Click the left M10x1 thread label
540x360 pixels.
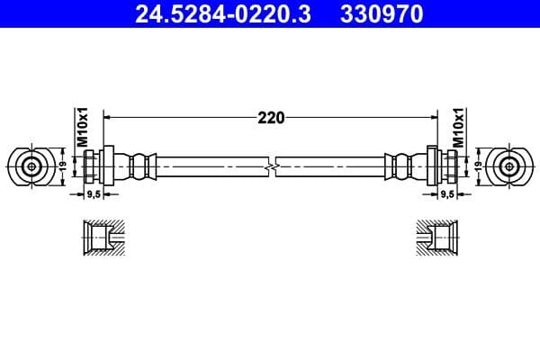click(x=80, y=127)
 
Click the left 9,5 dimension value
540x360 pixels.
click(x=92, y=193)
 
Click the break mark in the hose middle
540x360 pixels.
click(x=271, y=166)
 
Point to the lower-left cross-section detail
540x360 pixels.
click(x=100, y=239)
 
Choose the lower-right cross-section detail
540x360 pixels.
click(x=438, y=239)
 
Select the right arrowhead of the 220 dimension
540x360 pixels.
click(x=432, y=117)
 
